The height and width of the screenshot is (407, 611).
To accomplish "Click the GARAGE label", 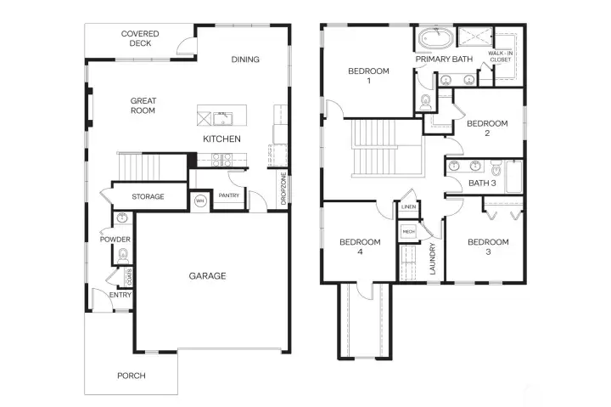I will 207,275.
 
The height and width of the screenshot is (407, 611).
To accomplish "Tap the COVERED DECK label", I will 140,39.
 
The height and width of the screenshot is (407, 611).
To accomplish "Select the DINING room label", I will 245,59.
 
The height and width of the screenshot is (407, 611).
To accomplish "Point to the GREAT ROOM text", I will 143,105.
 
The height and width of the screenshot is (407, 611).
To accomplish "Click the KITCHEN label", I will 221,138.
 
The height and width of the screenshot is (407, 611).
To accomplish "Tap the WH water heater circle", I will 200,201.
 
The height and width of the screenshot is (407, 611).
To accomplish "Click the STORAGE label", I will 148,197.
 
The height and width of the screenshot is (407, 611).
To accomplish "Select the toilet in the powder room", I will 123,254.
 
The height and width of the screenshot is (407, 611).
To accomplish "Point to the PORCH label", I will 131,376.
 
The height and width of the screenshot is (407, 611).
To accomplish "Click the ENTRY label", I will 121,295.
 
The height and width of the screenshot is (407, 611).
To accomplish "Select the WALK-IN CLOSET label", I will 501,58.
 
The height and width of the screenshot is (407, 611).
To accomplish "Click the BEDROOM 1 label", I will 368,76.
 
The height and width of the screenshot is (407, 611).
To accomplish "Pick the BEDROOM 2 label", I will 488,128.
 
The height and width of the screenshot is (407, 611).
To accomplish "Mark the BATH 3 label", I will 481,183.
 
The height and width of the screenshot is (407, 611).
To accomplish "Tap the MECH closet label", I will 408,230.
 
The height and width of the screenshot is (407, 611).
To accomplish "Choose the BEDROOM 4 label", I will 360,247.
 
